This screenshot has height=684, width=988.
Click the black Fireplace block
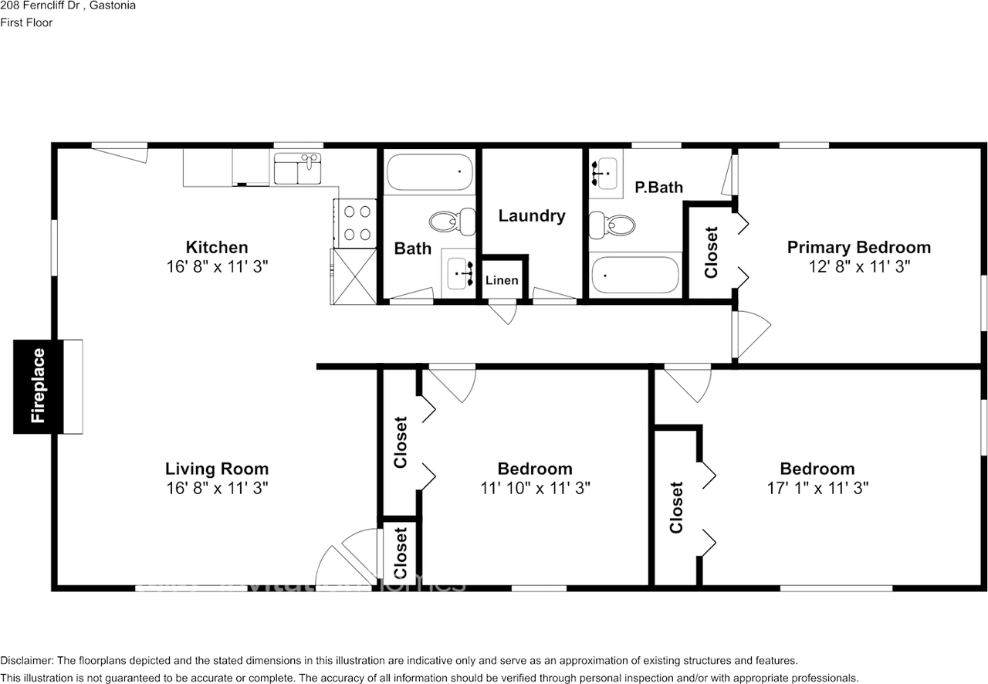pyautogui.click(x=39, y=387)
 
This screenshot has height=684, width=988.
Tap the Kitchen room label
pyautogui.click(x=217, y=247)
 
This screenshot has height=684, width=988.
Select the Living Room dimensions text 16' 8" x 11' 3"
pyautogui.click(x=217, y=488)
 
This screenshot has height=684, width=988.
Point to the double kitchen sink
pyautogui.click(x=297, y=168)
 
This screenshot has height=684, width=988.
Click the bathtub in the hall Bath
pyautogui.click(x=430, y=172)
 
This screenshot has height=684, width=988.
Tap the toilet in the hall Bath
pyautogui.click(x=452, y=222)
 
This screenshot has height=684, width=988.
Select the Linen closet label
pyautogui.click(x=502, y=280)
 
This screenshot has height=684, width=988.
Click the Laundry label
pyautogui.click(x=532, y=216)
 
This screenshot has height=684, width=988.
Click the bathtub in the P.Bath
pyautogui.click(x=635, y=275)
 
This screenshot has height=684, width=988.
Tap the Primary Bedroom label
pyautogui.click(x=859, y=247)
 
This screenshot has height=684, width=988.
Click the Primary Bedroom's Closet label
pyautogui.click(x=711, y=252)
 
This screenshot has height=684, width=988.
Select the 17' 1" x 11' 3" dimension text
pyautogui.click(x=817, y=488)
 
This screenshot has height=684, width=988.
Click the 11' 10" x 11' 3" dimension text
pyautogui.click(x=535, y=488)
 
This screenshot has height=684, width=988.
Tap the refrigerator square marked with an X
pyautogui.click(x=354, y=276)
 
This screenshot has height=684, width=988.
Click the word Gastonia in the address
pyautogui.click(x=113, y=5)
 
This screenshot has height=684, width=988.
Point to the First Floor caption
pyautogui.click(x=26, y=22)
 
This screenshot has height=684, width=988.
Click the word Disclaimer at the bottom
pyautogui.click(x=27, y=661)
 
